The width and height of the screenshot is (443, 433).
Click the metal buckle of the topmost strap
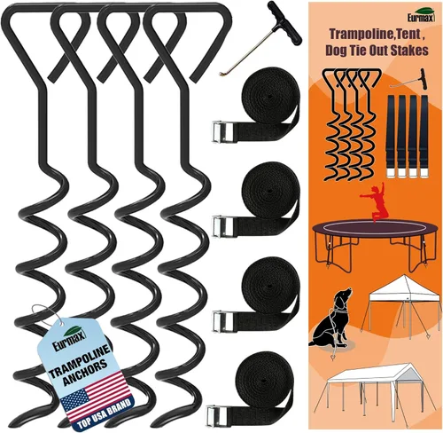221,134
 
